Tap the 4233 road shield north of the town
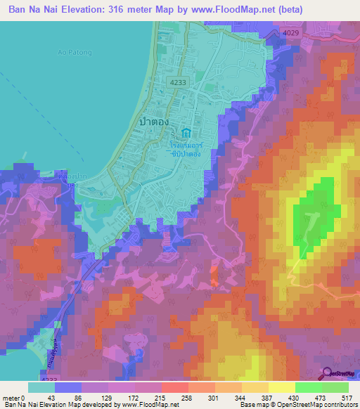coord(178,83)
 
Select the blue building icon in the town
coord(186,134)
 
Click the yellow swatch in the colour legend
coord(281,387)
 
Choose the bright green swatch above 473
coord(308,387)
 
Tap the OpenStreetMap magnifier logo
coord(328,375)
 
